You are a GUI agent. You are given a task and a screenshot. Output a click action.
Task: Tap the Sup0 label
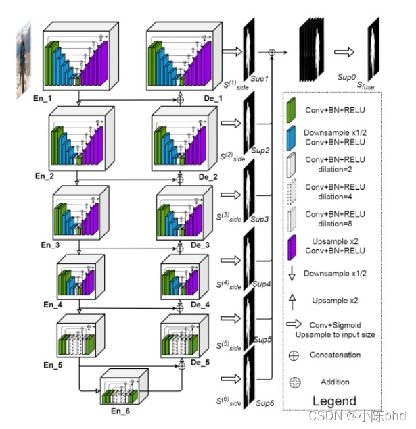click(x=347, y=78)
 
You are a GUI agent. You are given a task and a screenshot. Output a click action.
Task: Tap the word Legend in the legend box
click(x=333, y=401)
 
